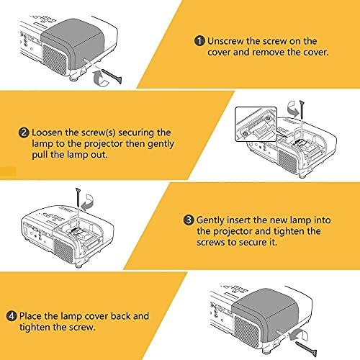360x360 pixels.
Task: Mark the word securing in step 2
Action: [145, 133]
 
